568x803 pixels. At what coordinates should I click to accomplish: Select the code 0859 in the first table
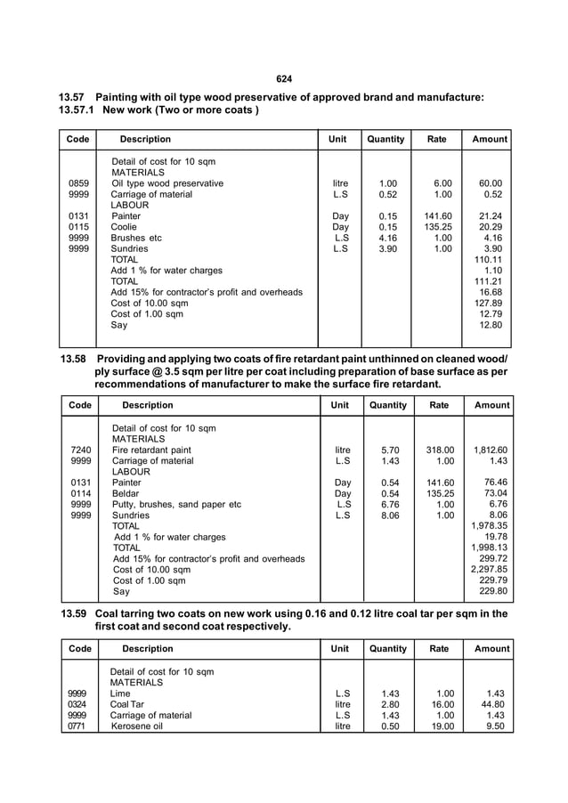78,184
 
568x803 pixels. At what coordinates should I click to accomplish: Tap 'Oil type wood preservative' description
167,184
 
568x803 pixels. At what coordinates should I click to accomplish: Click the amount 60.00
491,184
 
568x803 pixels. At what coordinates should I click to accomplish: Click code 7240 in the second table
81,450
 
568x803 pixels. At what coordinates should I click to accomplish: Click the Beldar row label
126,493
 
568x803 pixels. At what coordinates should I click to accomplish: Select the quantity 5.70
389,450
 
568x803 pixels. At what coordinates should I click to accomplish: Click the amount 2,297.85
489,569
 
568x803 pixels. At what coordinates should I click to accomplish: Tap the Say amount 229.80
491,590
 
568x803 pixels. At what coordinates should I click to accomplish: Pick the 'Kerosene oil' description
139,726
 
